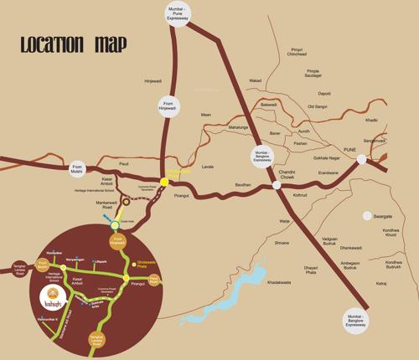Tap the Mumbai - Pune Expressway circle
click(176, 14)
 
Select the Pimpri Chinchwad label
click(297, 53)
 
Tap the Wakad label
click(256, 81)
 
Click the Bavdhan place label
click(243, 184)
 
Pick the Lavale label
click(209, 167)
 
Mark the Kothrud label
click(298, 194)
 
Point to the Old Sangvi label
click(317, 106)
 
